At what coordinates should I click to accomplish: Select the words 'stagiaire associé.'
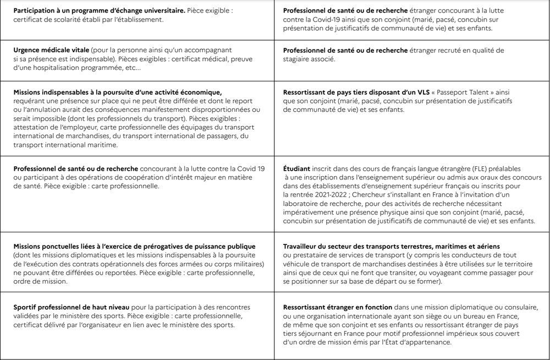(309, 58)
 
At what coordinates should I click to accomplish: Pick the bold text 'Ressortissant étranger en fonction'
(338, 307)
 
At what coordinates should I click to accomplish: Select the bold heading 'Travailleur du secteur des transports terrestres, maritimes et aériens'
(392, 246)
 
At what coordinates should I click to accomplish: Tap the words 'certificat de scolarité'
(43, 20)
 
